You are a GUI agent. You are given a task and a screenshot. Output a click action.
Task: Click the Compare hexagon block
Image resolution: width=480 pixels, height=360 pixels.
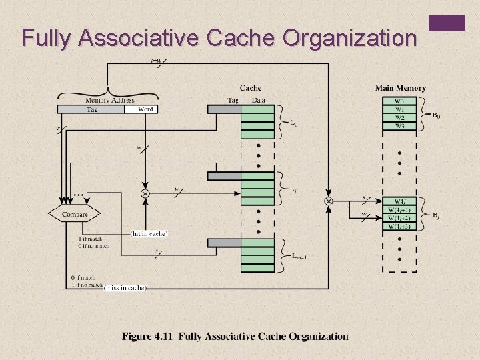click(75, 215)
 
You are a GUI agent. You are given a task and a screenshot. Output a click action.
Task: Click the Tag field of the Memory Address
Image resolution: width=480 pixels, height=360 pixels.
click(91, 109)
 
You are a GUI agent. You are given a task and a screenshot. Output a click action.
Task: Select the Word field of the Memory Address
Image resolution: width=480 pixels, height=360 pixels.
click(141, 109)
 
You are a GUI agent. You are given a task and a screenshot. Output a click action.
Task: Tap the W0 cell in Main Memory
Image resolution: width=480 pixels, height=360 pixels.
click(399, 101)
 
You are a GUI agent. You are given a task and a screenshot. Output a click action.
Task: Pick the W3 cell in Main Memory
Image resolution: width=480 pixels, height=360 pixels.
click(399, 126)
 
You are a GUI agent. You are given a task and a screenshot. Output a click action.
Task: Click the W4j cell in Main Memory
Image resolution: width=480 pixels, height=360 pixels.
click(399, 202)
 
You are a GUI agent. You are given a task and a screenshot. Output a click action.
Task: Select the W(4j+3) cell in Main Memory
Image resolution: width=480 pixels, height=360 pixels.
click(399, 227)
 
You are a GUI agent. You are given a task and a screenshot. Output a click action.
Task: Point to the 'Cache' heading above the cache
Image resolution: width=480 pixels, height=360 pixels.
click(250, 88)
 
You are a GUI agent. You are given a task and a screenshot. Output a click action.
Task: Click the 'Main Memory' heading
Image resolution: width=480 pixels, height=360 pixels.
click(400, 88)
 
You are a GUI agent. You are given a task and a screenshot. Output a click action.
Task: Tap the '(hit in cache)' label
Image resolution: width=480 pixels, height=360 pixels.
click(149, 234)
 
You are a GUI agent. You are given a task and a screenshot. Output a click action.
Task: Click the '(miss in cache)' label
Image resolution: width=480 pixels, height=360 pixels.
click(125, 287)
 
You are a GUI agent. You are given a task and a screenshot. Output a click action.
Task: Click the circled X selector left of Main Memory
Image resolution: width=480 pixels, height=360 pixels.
click(328, 201)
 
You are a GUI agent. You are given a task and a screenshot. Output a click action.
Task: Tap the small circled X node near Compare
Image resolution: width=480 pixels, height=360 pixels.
click(145, 194)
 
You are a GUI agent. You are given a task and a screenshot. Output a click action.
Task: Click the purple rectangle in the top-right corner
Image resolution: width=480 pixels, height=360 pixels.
click(447, 23)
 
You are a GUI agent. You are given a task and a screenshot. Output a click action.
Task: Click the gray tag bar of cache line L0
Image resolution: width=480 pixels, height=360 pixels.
click(224, 109)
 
